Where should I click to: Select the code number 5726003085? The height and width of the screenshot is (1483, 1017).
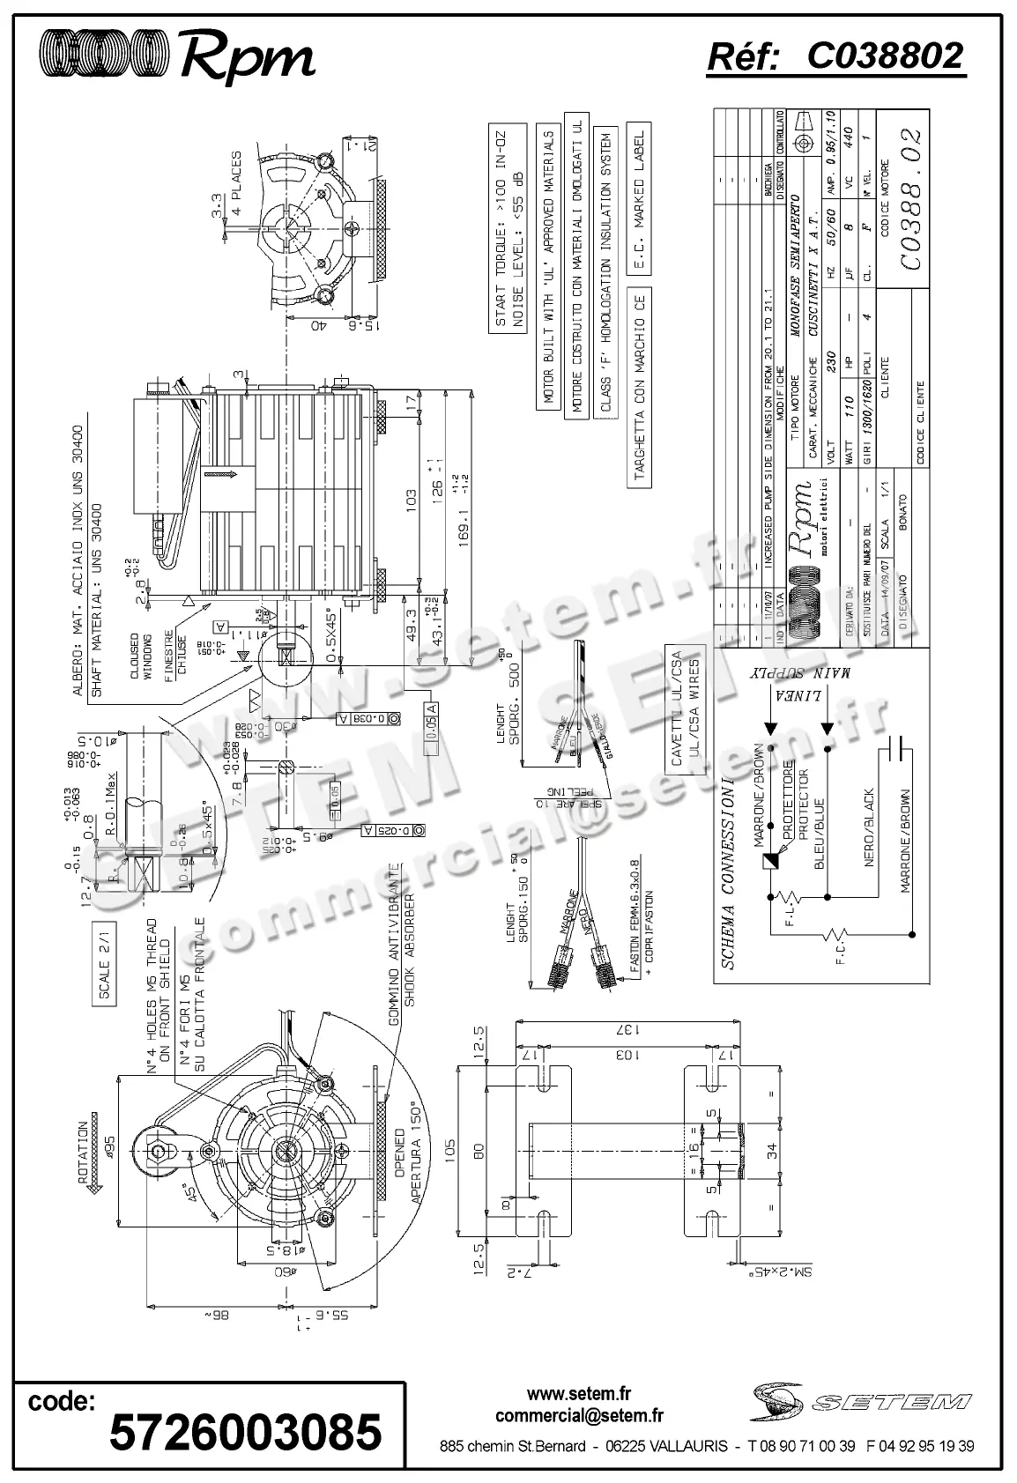(x=245, y=1432)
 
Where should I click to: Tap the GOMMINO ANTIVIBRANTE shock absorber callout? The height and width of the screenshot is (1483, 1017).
(x=402, y=941)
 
